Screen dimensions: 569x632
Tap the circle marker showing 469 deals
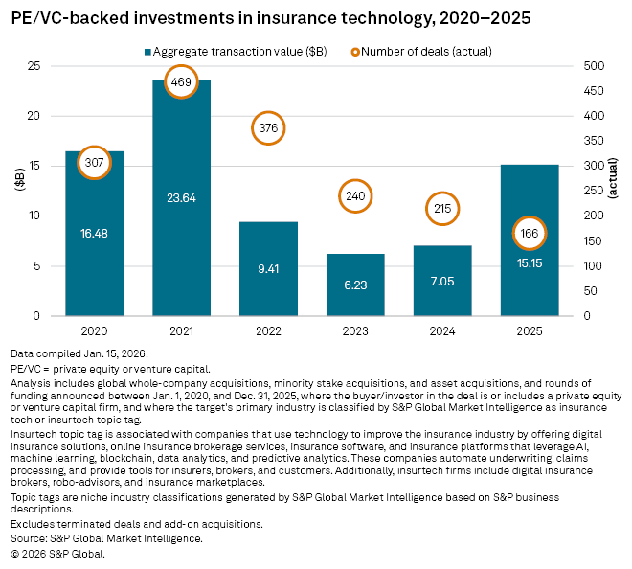182,81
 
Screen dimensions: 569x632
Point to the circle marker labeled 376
269,128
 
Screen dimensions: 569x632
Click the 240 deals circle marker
355,196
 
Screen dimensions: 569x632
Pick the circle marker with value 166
529,233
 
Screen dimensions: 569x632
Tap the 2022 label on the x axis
269,331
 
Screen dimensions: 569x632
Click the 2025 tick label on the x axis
529,331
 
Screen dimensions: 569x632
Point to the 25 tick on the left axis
34,66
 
